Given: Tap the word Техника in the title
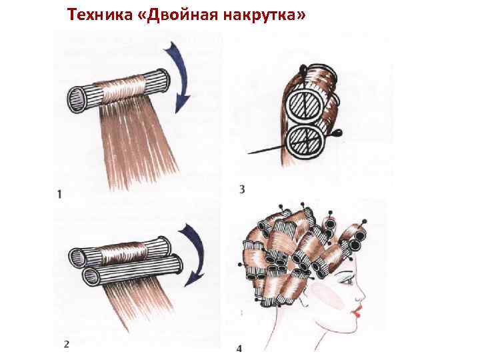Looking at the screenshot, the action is (x=100, y=15).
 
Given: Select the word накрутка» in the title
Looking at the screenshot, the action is (x=265, y=15).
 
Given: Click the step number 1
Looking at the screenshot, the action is (x=59, y=194).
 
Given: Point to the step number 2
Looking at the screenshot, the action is (x=67, y=344).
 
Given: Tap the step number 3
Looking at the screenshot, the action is (x=242, y=189).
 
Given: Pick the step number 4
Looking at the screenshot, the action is (x=239, y=349).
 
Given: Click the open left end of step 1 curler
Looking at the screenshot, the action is (x=75, y=100).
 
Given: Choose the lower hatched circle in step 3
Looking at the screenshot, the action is (x=305, y=141).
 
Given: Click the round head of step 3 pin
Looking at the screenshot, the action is (x=338, y=133).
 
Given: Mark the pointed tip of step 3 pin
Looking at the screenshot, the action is (x=248, y=153).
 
